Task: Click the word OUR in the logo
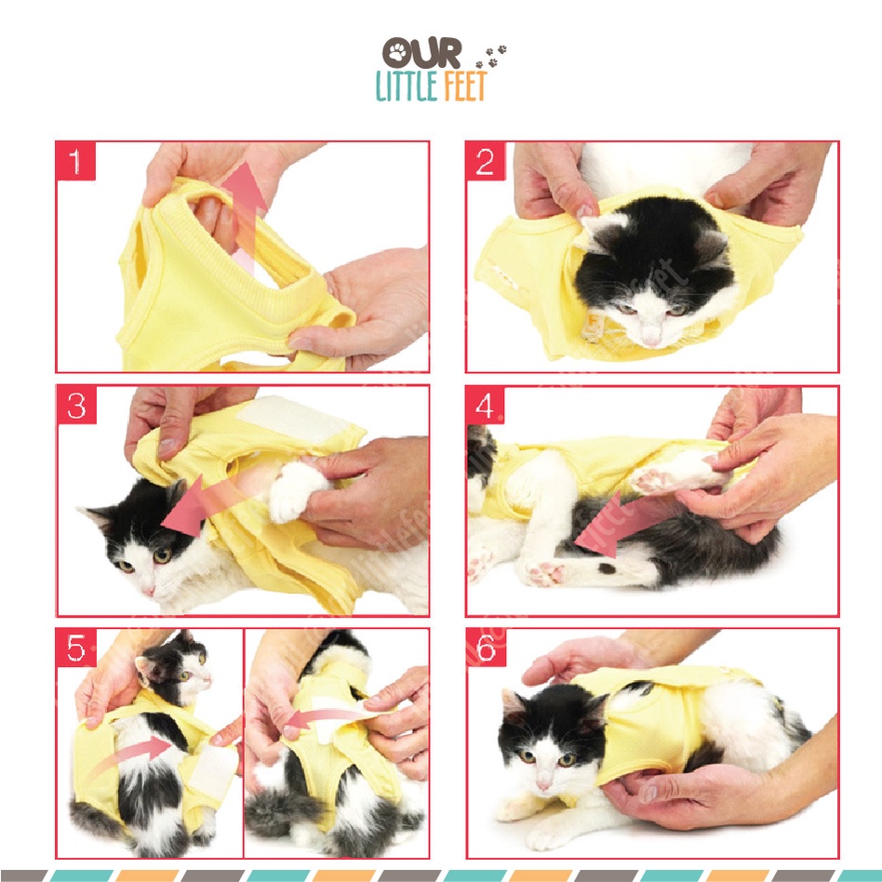tap(421, 53)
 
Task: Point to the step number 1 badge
tap(75, 162)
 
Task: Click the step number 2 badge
tap(485, 162)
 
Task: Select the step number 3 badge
tap(76, 405)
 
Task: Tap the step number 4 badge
tap(485, 405)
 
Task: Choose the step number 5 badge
tap(76, 648)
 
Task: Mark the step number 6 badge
tap(486, 648)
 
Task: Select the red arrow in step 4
tap(619, 523)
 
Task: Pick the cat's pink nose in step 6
tap(543, 783)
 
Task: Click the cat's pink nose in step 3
tap(149, 590)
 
